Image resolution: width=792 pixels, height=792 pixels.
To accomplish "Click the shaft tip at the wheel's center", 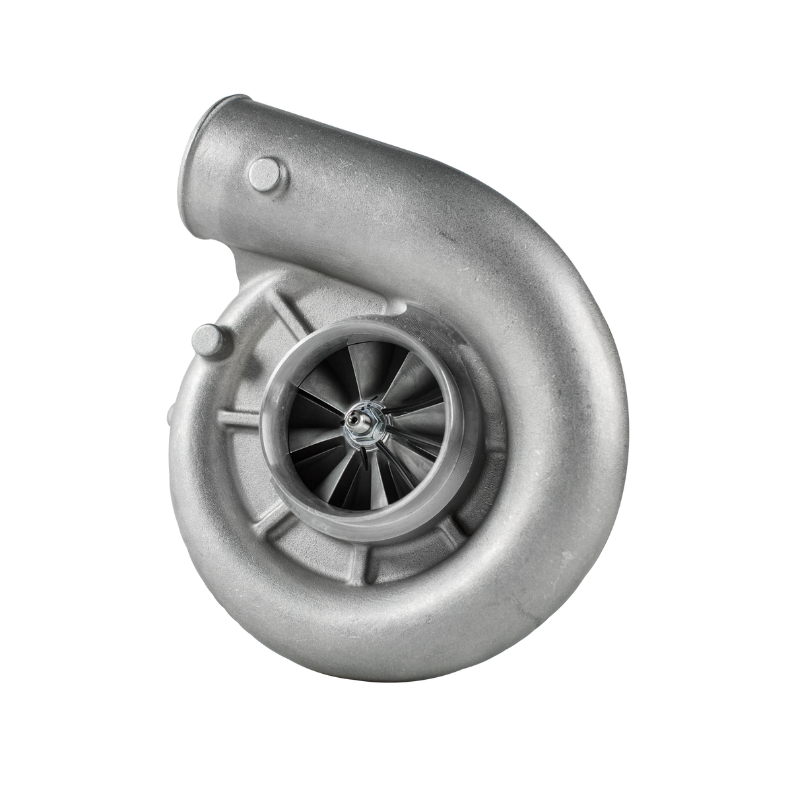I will click(x=354, y=418).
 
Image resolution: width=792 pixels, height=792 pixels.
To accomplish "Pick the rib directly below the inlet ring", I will click(x=360, y=561).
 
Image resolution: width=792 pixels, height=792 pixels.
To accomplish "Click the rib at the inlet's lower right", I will click(x=455, y=528).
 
